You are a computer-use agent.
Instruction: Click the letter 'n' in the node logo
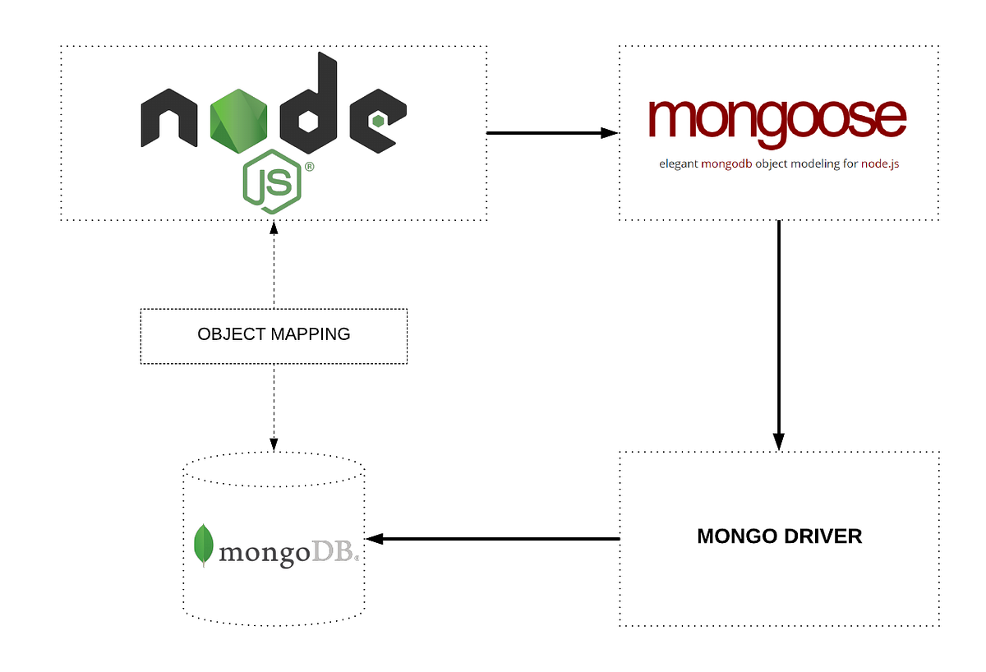pyautogui.click(x=168, y=118)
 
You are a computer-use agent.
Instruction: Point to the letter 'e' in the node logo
pyautogui.click(x=377, y=120)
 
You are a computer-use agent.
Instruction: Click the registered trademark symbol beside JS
pyautogui.click(x=309, y=166)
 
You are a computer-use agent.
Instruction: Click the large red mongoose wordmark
pyautogui.click(x=776, y=120)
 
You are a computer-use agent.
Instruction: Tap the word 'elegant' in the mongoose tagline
pyautogui.click(x=679, y=163)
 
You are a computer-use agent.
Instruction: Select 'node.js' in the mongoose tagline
pyautogui.click(x=879, y=163)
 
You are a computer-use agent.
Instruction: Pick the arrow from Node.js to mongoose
pyautogui.click(x=551, y=132)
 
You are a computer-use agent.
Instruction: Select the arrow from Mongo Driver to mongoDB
pyautogui.click(x=493, y=539)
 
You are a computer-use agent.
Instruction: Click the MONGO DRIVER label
pyautogui.click(x=779, y=536)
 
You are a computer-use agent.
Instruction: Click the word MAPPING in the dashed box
pyautogui.click(x=311, y=334)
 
